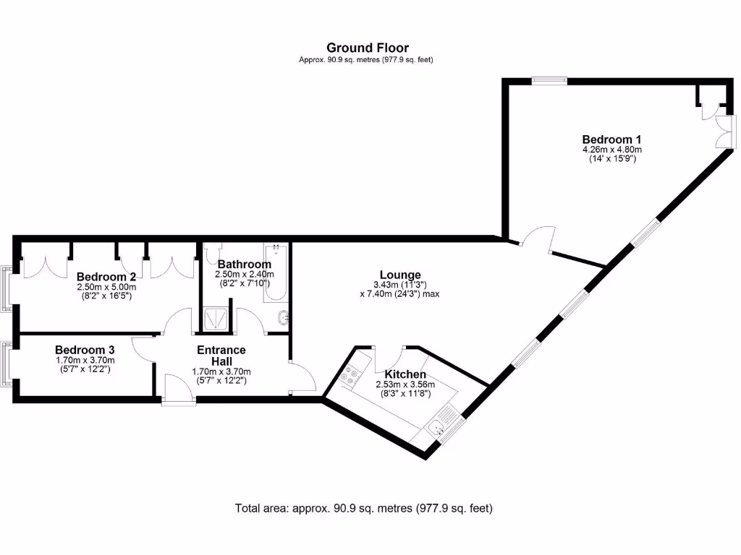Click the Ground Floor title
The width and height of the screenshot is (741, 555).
pos(367,48)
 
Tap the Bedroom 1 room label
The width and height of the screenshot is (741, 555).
pos(611,139)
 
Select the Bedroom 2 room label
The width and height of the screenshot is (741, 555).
pos(106,277)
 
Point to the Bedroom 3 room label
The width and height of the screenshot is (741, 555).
pos(85,349)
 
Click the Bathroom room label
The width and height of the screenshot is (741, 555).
pos(245,264)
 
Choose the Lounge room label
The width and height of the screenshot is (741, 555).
pos(400,275)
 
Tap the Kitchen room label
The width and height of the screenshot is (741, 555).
pos(405,374)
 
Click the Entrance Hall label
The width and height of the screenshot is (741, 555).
pos(221,356)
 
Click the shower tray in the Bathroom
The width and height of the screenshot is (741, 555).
pos(216,319)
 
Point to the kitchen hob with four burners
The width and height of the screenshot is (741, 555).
pos(352,376)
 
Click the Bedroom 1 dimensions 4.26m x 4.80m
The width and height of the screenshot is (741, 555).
pos(612,150)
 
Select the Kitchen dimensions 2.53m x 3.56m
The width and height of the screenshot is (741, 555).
pos(405,384)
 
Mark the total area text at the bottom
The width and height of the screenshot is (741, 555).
pos(363,508)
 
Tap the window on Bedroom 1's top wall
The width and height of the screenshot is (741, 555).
pos(549,81)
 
